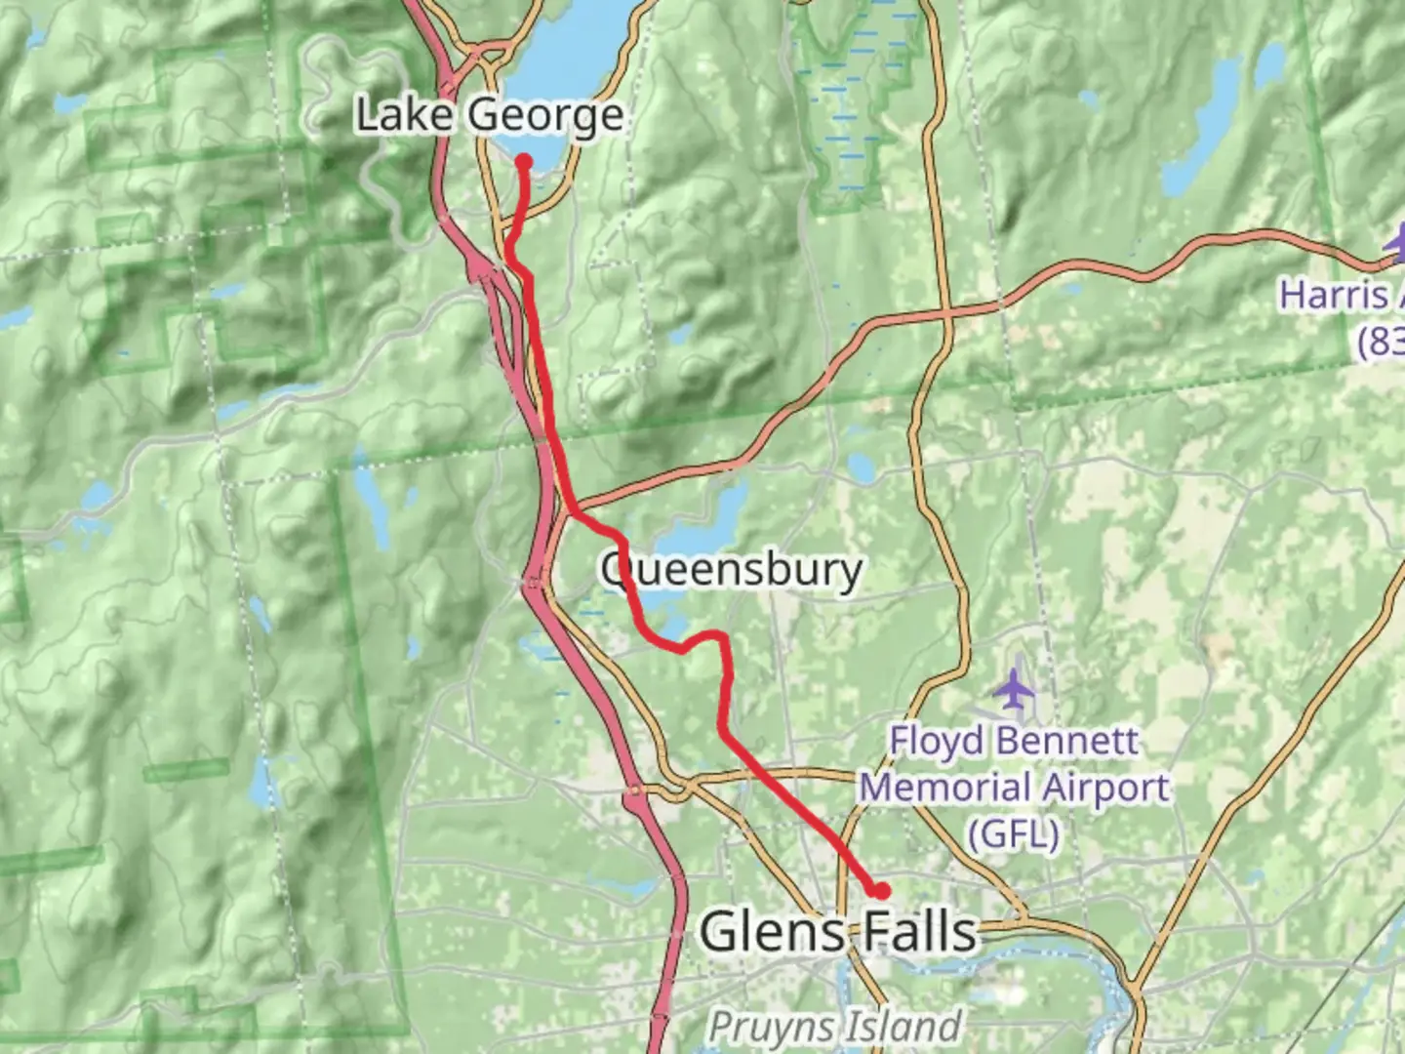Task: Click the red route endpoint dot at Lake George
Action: click(x=524, y=162)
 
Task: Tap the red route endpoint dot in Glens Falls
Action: click(x=880, y=890)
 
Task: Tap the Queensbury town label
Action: click(x=731, y=570)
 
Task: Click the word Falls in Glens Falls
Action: click(x=919, y=931)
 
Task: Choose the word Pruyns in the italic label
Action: click(x=767, y=1027)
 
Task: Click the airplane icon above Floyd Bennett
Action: click(x=1015, y=690)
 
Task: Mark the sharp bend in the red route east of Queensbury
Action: click(x=722, y=639)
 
